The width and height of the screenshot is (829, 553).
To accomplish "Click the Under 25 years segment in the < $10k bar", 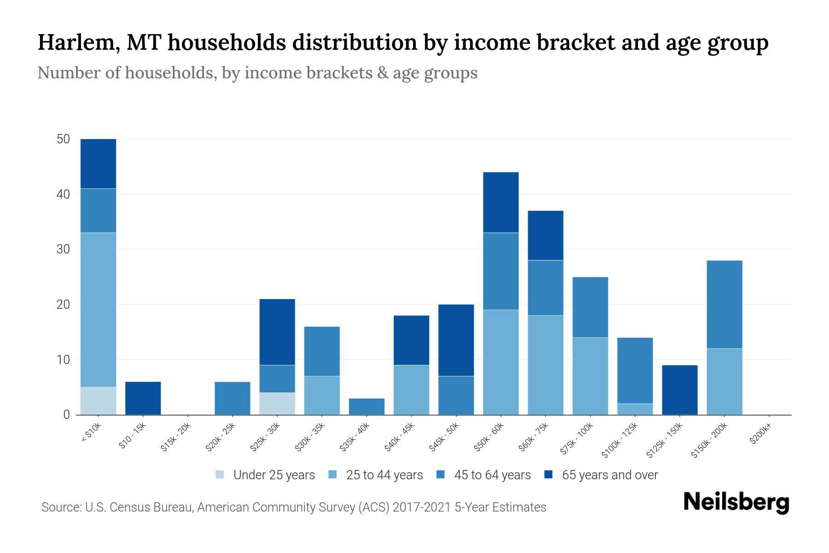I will (x=98, y=400).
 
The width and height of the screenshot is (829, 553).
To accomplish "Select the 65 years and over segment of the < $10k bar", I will (x=98, y=164).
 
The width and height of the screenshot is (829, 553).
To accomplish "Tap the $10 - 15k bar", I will (x=143, y=398).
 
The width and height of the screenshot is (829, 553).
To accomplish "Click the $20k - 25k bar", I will (x=233, y=398).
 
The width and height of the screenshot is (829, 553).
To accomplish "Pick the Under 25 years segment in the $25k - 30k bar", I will (x=277, y=403).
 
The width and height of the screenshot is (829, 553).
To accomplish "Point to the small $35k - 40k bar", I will (x=367, y=406).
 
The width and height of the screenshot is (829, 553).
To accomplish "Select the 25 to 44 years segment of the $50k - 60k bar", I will (x=501, y=362).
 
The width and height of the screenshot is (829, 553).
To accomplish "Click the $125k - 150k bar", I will (x=680, y=390).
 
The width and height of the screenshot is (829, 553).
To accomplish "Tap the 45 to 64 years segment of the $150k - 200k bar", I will (x=724, y=304).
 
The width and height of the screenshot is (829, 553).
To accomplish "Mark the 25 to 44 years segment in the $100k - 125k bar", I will (x=635, y=409).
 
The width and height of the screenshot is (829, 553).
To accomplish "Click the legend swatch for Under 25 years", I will (x=220, y=475).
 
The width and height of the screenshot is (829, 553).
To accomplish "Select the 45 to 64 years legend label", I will (x=492, y=475).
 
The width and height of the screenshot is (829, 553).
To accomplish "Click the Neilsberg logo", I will (x=736, y=502).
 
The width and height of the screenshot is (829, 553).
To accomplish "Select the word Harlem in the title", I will (x=78, y=42).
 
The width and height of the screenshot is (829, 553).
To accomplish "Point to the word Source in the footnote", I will (x=61, y=507).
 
